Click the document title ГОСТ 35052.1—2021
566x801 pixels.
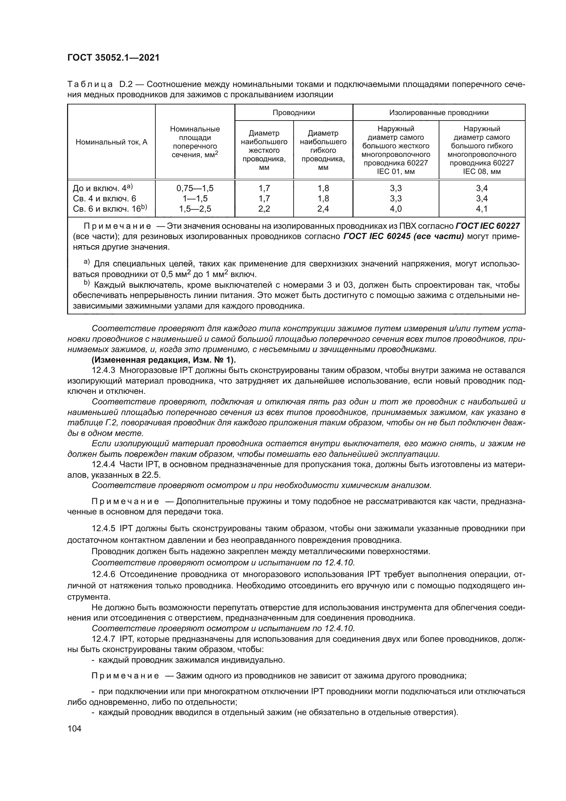point(113,58)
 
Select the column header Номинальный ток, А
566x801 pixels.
point(112,142)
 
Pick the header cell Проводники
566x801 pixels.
point(294,112)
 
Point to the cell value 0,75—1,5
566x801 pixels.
point(195,188)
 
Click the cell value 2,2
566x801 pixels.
point(264,209)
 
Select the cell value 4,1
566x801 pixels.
point(482,209)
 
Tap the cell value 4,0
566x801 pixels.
point(396,209)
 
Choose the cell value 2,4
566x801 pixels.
point(323,209)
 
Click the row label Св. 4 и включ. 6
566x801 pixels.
point(104,199)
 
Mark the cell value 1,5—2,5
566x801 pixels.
point(195,209)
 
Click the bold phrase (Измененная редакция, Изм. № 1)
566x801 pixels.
point(164,360)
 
